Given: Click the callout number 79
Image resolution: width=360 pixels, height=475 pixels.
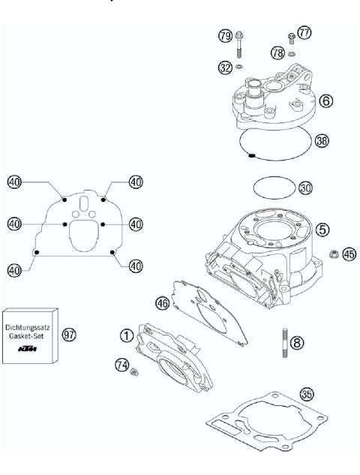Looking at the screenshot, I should pyautogui.click(x=224, y=35).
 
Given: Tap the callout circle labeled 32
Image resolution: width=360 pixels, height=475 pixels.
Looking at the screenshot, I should pyautogui.click(x=224, y=68).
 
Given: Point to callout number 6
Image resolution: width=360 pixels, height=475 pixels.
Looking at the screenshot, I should pyautogui.click(x=325, y=100).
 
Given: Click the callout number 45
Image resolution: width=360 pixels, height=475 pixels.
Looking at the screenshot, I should pyautogui.click(x=347, y=254).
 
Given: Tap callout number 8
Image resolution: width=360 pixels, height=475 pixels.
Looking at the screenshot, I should pyautogui.click(x=298, y=342).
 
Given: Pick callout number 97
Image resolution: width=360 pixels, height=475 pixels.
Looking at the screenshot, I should pyautogui.click(x=69, y=334).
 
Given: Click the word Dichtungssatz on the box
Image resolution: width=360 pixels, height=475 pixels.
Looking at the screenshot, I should pyautogui.click(x=29, y=326).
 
